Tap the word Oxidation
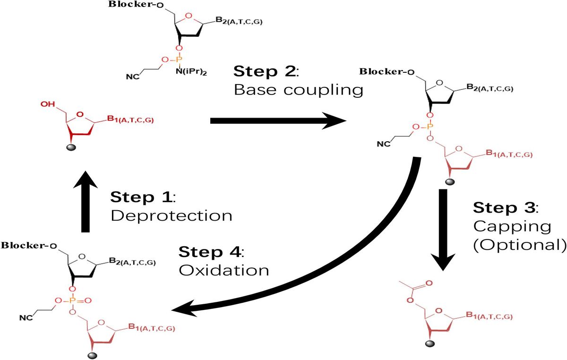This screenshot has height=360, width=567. [223, 270]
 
